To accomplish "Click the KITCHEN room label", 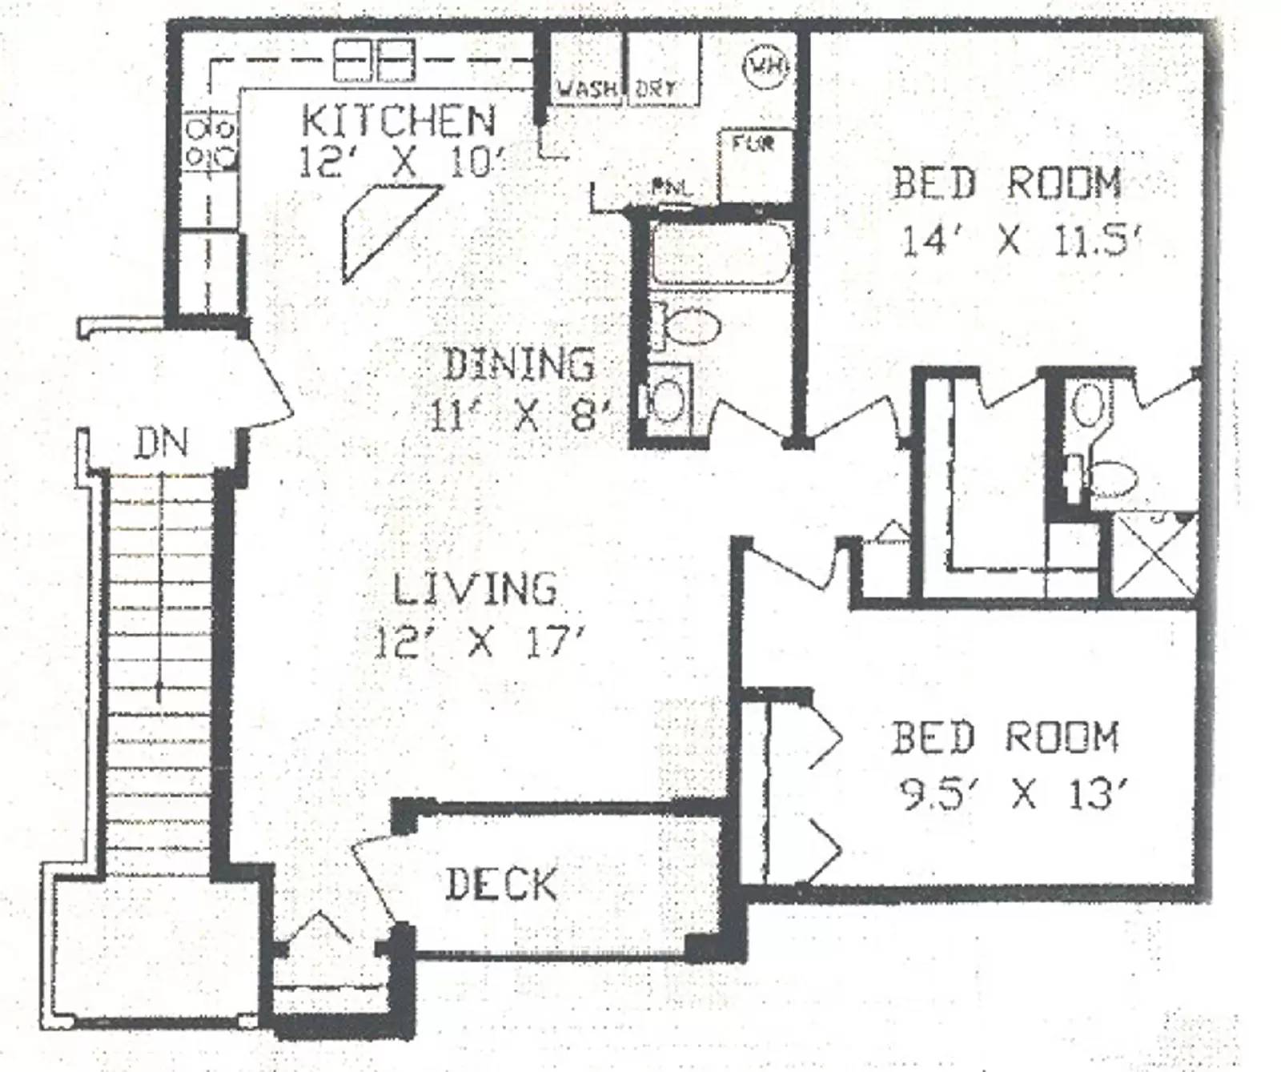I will coord(399,121).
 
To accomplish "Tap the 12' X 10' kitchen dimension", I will coord(403,163).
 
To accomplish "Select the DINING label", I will coord(519,365).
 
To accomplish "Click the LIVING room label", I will coord(474,589).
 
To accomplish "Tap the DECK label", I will coord(500,885).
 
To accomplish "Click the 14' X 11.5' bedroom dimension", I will coord(1019,240).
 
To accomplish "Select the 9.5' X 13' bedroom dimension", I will coord(1013,796).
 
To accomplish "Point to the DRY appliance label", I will coord(655,88).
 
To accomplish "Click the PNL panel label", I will coord(671,189).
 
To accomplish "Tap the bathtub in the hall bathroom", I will coord(721,253).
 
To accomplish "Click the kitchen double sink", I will coord(373,60).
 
